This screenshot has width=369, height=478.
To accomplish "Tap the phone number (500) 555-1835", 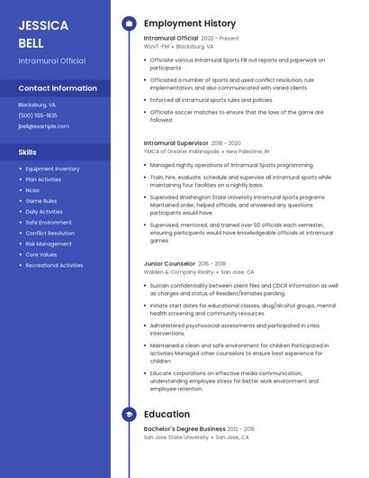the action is pyautogui.click(x=38, y=115).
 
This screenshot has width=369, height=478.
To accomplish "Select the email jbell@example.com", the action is pyautogui.click(x=43, y=126).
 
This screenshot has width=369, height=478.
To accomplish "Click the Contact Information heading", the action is pyautogui.click(x=58, y=88).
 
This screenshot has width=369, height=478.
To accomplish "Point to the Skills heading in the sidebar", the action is pyautogui.click(x=28, y=152).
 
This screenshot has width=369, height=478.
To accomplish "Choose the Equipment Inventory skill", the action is pyautogui.click(x=52, y=169).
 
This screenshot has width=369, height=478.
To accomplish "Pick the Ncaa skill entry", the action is pyautogui.click(x=32, y=190).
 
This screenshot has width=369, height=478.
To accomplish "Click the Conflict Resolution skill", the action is pyautogui.click(x=49, y=233).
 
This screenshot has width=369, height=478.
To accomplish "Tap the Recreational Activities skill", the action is pyautogui.click(x=54, y=265).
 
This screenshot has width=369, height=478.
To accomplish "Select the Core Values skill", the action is pyautogui.click(x=40, y=254).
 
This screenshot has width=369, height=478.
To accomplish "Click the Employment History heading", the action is pyautogui.click(x=190, y=23).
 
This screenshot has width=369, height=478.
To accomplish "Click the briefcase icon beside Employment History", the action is pyautogui.click(x=129, y=23).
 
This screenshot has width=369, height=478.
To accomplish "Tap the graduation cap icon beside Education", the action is pyautogui.click(x=129, y=414).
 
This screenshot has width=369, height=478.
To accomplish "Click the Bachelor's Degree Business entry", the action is pyautogui.click(x=184, y=428).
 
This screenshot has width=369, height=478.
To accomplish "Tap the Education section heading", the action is pyautogui.click(x=166, y=414).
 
